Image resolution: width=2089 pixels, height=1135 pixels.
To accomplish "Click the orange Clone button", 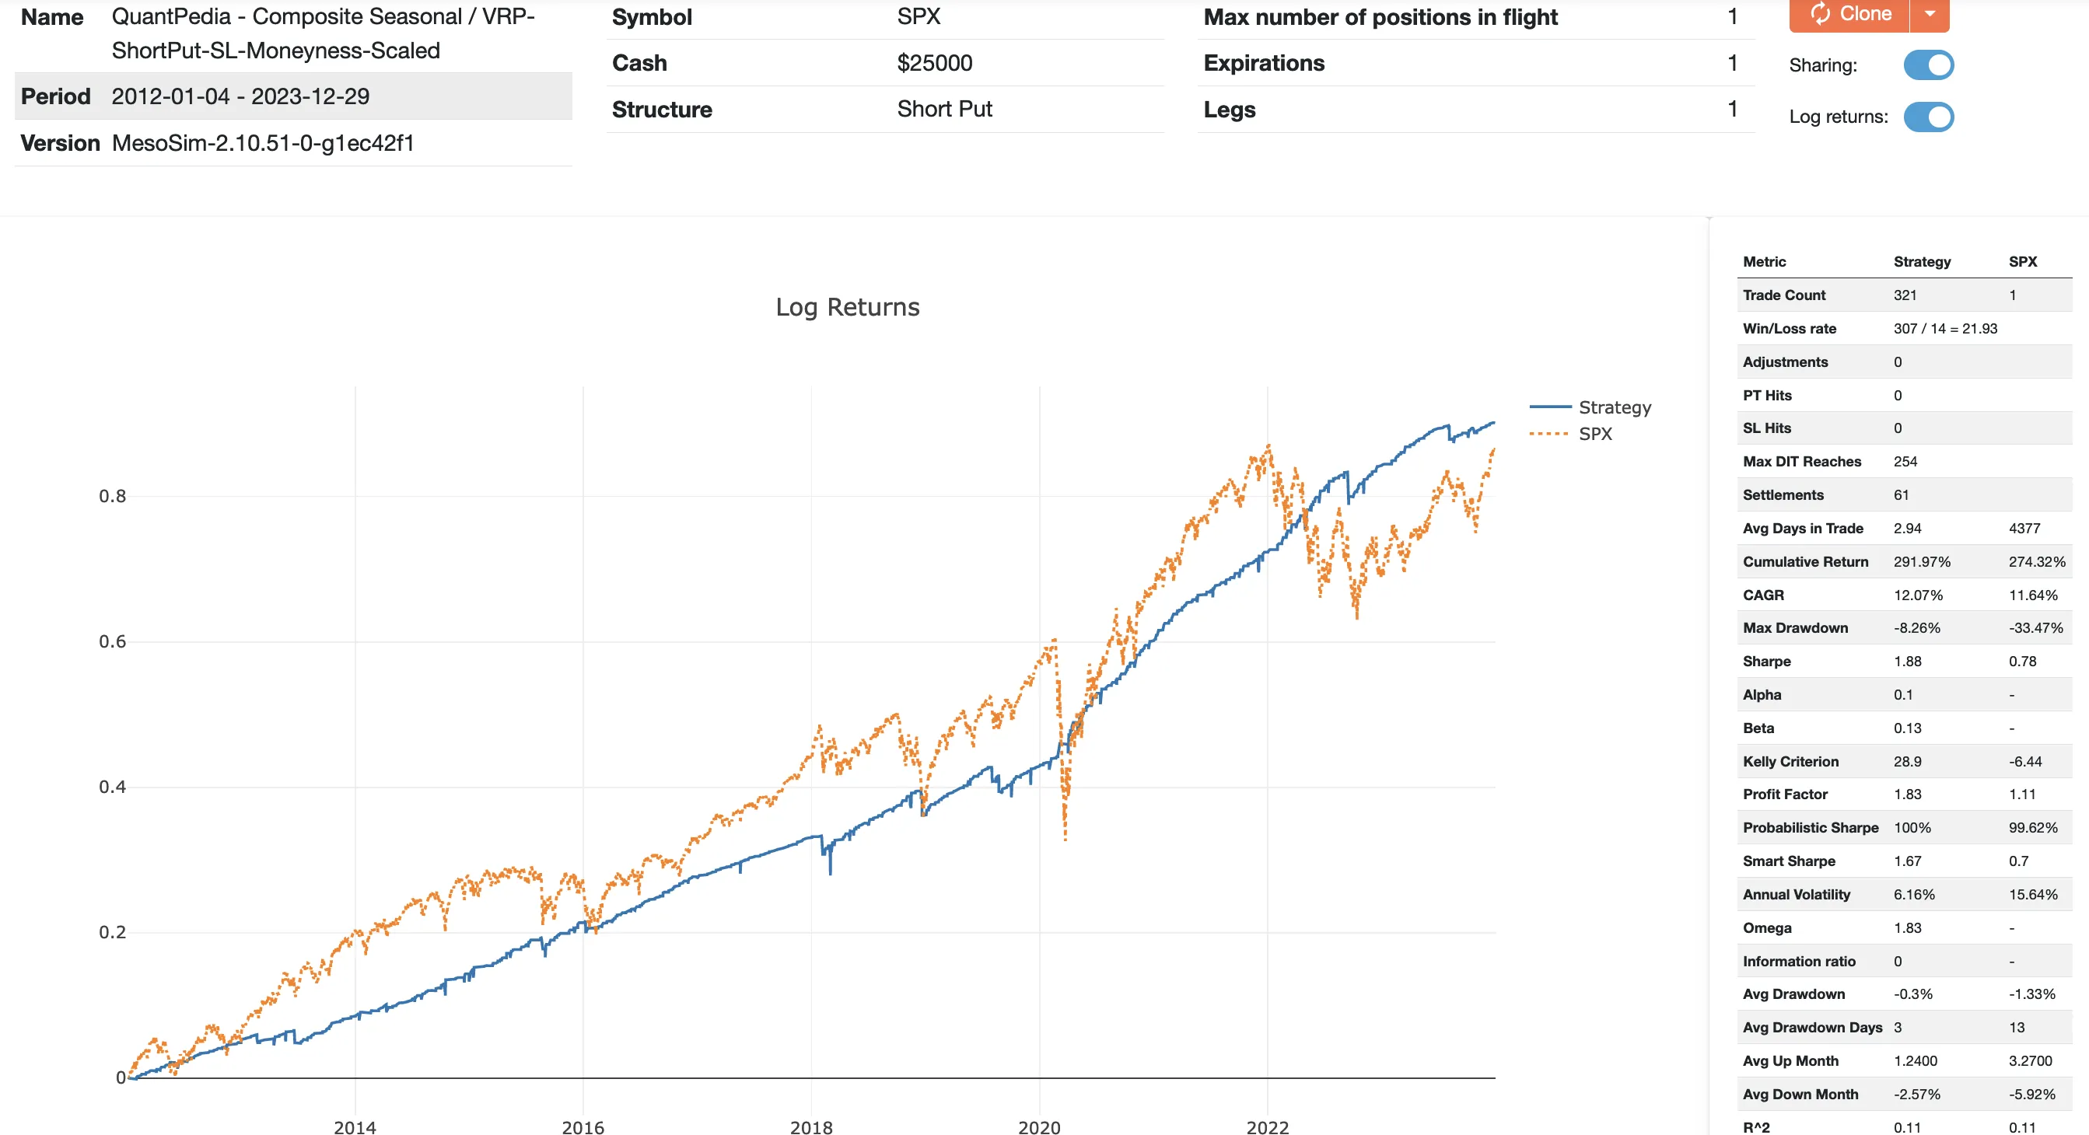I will point(1849,14).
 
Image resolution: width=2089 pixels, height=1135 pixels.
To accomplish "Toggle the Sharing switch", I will point(1929,65).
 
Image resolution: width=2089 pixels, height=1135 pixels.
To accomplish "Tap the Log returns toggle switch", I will point(1929,117).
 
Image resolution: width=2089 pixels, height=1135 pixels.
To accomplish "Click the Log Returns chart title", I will point(848,307).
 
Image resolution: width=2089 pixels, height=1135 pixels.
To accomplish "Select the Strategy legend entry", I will point(1614,407).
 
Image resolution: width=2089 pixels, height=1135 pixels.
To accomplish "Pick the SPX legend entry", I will point(1594,434).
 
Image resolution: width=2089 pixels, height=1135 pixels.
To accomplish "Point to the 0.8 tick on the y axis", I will point(113,496).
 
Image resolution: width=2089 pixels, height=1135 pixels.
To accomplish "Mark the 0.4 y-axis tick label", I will point(113,788).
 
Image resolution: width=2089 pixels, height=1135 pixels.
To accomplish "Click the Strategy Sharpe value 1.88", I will point(1907,662).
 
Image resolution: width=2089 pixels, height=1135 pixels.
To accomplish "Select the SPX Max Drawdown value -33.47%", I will point(2035,628).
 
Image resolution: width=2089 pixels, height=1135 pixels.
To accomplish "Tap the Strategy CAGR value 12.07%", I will point(1918,595).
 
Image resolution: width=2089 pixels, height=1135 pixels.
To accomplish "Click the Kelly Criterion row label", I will point(1790,761).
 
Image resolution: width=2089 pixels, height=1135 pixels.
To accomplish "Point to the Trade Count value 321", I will point(1905,295).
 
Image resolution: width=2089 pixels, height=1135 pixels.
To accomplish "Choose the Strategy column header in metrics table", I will point(1922,262).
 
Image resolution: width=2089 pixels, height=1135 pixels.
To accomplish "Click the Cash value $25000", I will point(934,63).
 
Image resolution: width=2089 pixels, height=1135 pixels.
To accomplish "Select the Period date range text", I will point(240,96).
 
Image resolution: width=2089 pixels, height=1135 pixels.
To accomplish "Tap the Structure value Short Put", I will point(944,110).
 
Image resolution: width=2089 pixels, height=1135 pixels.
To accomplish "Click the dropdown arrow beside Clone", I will point(1930,14).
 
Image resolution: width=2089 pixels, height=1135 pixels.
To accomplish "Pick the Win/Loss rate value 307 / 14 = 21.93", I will point(1944,328).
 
